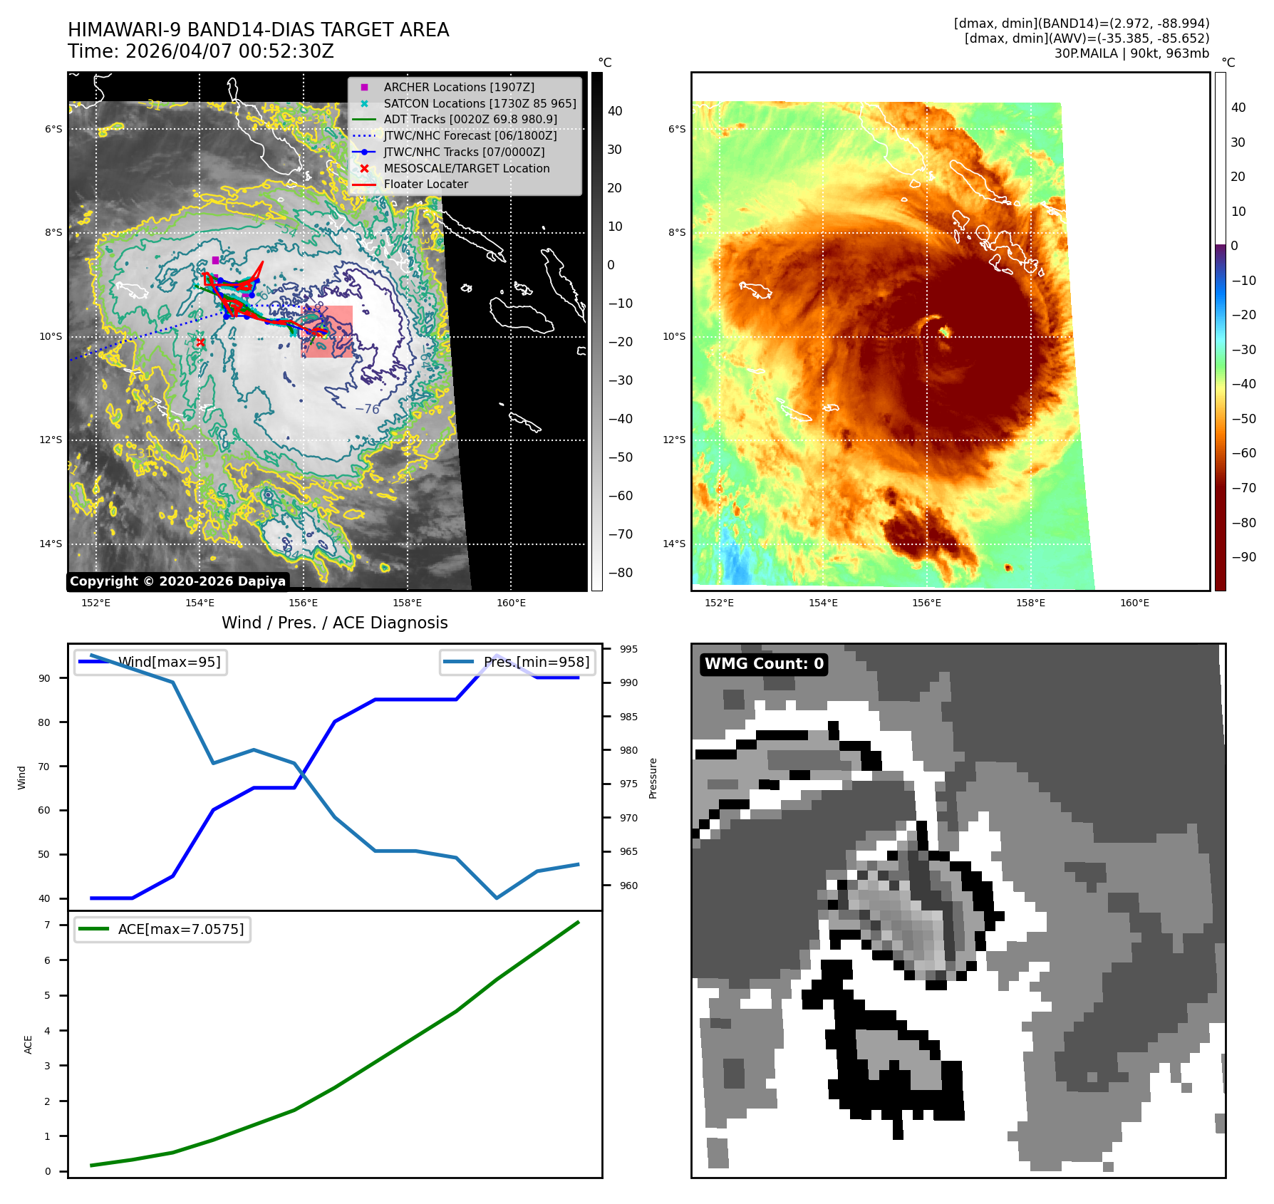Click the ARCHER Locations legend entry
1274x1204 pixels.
click(458, 87)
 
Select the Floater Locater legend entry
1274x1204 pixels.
click(425, 184)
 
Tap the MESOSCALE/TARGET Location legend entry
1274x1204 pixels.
click(466, 168)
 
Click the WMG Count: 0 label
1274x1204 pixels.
click(764, 664)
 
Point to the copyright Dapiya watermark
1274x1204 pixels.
click(177, 581)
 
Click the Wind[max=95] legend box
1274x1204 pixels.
click(151, 662)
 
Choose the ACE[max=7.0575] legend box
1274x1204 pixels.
click(162, 929)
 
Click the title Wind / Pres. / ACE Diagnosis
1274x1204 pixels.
click(334, 623)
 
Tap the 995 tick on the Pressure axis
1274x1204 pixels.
click(628, 649)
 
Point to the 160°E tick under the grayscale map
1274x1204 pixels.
click(511, 603)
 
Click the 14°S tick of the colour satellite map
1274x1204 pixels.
click(674, 544)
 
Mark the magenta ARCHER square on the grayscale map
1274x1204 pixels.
click(215, 260)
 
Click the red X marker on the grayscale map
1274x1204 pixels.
click(200, 343)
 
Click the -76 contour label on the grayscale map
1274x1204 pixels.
click(367, 409)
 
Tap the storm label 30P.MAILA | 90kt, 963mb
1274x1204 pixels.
click(1131, 53)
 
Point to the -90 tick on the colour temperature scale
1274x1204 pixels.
click(1243, 557)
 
